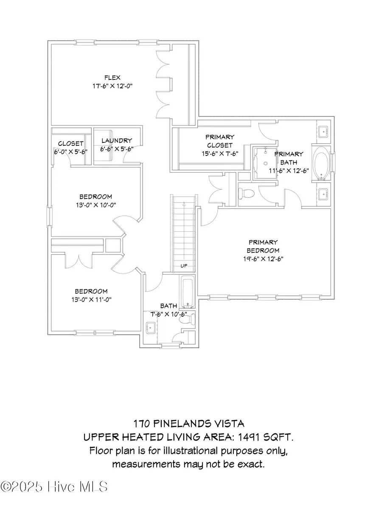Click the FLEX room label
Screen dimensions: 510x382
(x=112, y=77)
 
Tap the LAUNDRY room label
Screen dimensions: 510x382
(x=116, y=141)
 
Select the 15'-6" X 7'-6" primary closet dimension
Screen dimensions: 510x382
(x=219, y=154)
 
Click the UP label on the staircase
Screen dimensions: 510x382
(x=184, y=266)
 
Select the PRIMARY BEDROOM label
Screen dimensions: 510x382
(x=264, y=246)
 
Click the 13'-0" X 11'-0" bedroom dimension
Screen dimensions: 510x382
(x=91, y=300)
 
